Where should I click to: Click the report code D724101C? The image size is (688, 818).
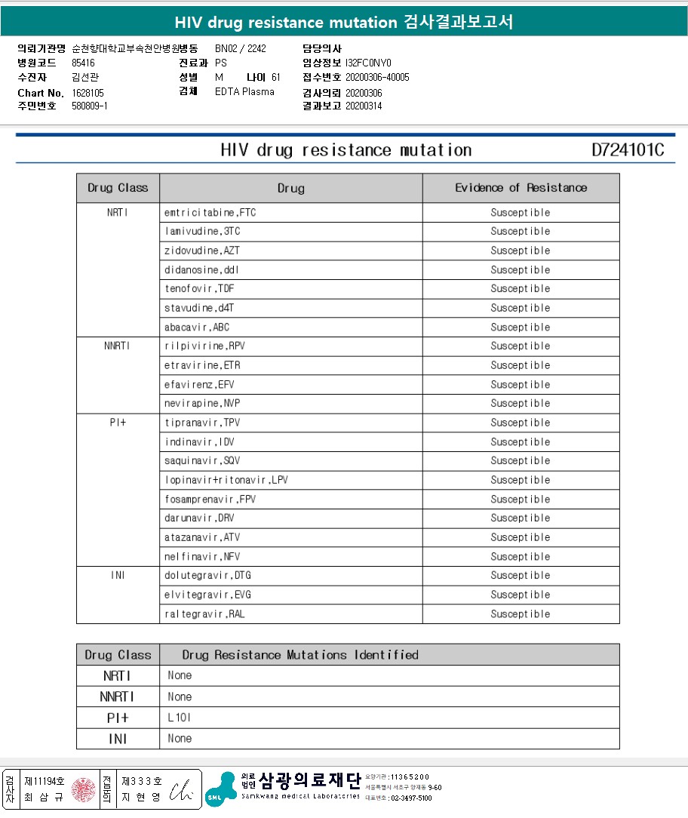tap(628, 150)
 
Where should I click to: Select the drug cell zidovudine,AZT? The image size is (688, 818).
tap(202, 251)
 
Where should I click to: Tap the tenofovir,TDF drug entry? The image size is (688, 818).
tap(199, 289)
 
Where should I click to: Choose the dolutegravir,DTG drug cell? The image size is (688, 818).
tap(207, 576)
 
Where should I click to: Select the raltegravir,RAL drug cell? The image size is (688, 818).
tap(204, 614)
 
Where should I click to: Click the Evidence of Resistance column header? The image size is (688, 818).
tap(521, 188)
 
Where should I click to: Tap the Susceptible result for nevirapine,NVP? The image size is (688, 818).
tap(521, 404)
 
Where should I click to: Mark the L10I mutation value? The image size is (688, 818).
tap(180, 718)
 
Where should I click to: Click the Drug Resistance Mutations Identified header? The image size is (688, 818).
tap(300, 655)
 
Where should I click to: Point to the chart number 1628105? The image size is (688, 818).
tap(88, 93)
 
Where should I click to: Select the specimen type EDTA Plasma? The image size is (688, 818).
tap(244, 92)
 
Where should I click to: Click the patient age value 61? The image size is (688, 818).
tap(276, 78)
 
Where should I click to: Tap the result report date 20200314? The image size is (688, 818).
tap(364, 106)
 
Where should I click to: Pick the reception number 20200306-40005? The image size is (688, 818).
tap(377, 78)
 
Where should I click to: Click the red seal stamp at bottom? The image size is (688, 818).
tap(83, 789)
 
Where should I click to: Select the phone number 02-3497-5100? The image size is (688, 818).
tap(411, 798)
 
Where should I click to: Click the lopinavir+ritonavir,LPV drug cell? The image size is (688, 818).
tap(226, 481)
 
